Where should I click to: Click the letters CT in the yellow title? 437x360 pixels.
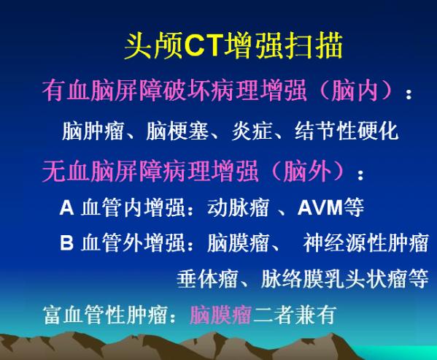(x=204, y=45)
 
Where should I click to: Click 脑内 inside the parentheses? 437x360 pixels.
(x=355, y=91)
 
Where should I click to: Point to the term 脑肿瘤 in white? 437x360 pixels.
(x=93, y=131)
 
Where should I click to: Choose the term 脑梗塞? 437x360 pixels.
(x=177, y=131)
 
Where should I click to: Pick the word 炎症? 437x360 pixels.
(x=252, y=131)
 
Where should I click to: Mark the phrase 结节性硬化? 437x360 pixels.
(x=346, y=131)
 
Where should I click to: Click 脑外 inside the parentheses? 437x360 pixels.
(x=307, y=170)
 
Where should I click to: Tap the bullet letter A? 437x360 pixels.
(x=66, y=207)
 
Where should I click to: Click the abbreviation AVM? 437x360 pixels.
(x=320, y=207)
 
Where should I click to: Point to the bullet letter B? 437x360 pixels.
(x=66, y=242)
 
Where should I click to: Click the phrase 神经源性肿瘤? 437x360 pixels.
(x=366, y=242)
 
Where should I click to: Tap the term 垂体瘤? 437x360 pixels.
(x=207, y=278)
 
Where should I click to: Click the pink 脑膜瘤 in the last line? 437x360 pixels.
(x=221, y=315)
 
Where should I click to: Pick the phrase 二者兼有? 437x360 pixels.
(x=294, y=315)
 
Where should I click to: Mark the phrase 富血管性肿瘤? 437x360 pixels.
(x=105, y=315)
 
